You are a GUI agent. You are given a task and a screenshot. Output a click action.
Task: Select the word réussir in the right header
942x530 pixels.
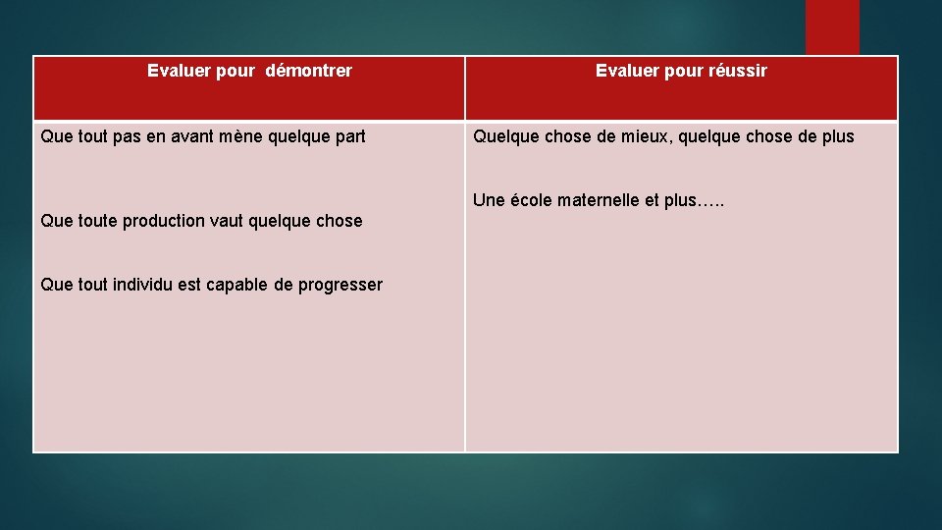(736, 71)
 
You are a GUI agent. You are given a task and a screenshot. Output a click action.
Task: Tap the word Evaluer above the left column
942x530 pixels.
(178, 71)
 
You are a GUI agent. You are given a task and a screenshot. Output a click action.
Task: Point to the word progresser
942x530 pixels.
(340, 285)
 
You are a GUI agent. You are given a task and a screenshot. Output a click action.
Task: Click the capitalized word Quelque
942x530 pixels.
(504, 136)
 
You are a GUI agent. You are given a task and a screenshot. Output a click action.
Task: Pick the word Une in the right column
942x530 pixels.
(487, 200)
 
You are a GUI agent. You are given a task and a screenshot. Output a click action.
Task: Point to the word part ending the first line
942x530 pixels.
(348, 136)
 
